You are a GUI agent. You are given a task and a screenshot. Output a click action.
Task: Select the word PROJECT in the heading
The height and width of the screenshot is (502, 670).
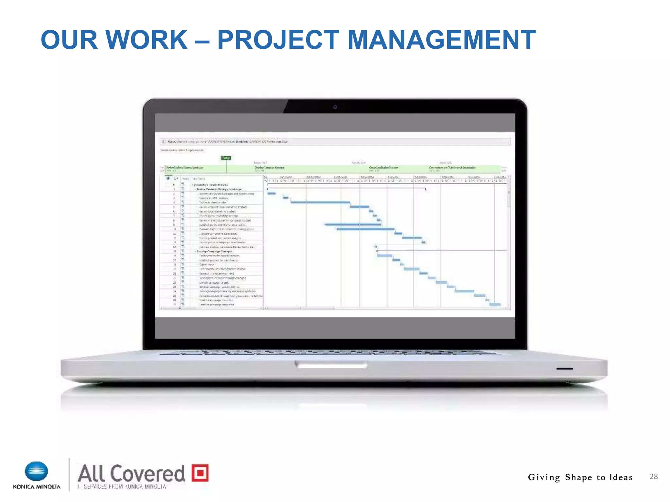pyautogui.click(x=278, y=40)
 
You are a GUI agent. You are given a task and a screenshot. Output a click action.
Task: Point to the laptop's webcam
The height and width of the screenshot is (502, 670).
pyautogui.click(x=335, y=107)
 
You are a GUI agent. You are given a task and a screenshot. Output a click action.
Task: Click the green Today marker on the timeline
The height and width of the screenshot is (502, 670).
pyautogui.click(x=226, y=158)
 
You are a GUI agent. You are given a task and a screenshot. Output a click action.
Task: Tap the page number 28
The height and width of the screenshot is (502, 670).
pyautogui.click(x=653, y=477)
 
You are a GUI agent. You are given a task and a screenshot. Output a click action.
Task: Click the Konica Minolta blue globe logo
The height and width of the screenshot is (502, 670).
pyautogui.click(x=36, y=471)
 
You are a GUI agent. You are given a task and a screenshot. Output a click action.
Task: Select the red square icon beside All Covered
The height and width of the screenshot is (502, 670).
pyautogui.click(x=200, y=473)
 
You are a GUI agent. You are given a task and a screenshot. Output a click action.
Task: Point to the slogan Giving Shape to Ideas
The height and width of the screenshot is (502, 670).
pyautogui.click(x=580, y=477)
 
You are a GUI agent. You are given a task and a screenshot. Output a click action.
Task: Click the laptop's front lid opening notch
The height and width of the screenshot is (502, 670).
pyautogui.click(x=331, y=364)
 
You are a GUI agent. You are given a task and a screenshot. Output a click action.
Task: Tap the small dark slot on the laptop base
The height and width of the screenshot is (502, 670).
pyautogui.click(x=564, y=369)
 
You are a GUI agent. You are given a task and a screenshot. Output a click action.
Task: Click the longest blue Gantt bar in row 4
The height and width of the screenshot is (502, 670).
pyautogui.click(x=320, y=202)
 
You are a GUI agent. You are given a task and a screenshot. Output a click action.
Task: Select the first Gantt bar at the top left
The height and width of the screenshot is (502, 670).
pyautogui.click(x=272, y=193)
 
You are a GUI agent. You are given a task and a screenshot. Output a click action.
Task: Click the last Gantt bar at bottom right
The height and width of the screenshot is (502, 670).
pyautogui.click(x=495, y=304)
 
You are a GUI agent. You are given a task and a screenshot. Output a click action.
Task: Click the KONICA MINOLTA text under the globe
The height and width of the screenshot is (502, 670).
pyautogui.click(x=36, y=487)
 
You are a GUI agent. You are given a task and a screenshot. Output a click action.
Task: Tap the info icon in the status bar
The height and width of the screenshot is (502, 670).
pyautogui.click(x=164, y=142)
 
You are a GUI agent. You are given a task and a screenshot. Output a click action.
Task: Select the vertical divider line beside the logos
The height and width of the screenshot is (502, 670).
pyautogui.click(x=69, y=475)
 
